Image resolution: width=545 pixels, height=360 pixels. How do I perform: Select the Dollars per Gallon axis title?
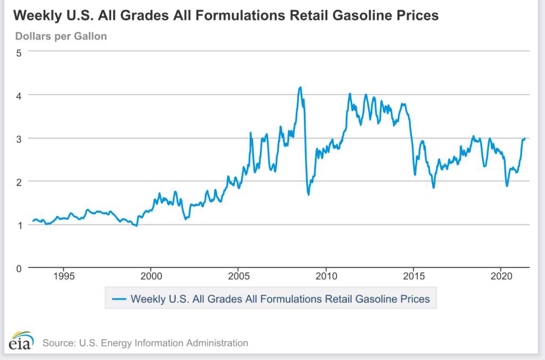pos(61,37)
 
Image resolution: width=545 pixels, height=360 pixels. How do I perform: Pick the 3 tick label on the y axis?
pos(19,138)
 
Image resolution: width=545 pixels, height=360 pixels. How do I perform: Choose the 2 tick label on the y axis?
pos(19,182)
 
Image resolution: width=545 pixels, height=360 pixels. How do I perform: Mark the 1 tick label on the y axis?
pos(19,225)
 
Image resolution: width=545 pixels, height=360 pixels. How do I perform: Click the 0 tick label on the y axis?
pos(19,268)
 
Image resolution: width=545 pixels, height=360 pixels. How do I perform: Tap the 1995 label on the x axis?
pos(63,277)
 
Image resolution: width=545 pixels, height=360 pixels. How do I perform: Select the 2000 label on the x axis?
pos(151,277)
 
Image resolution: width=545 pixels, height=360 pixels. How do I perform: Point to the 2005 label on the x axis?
pos(238,277)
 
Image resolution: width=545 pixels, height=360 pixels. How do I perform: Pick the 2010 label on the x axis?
pos(326,277)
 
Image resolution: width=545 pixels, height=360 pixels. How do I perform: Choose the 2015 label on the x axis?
pos(413,277)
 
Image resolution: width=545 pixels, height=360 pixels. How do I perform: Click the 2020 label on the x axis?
pos(500,277)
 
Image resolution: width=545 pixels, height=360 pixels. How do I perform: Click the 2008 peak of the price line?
pos(300,87)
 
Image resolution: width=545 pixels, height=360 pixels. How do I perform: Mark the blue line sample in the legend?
pos(120,299)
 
